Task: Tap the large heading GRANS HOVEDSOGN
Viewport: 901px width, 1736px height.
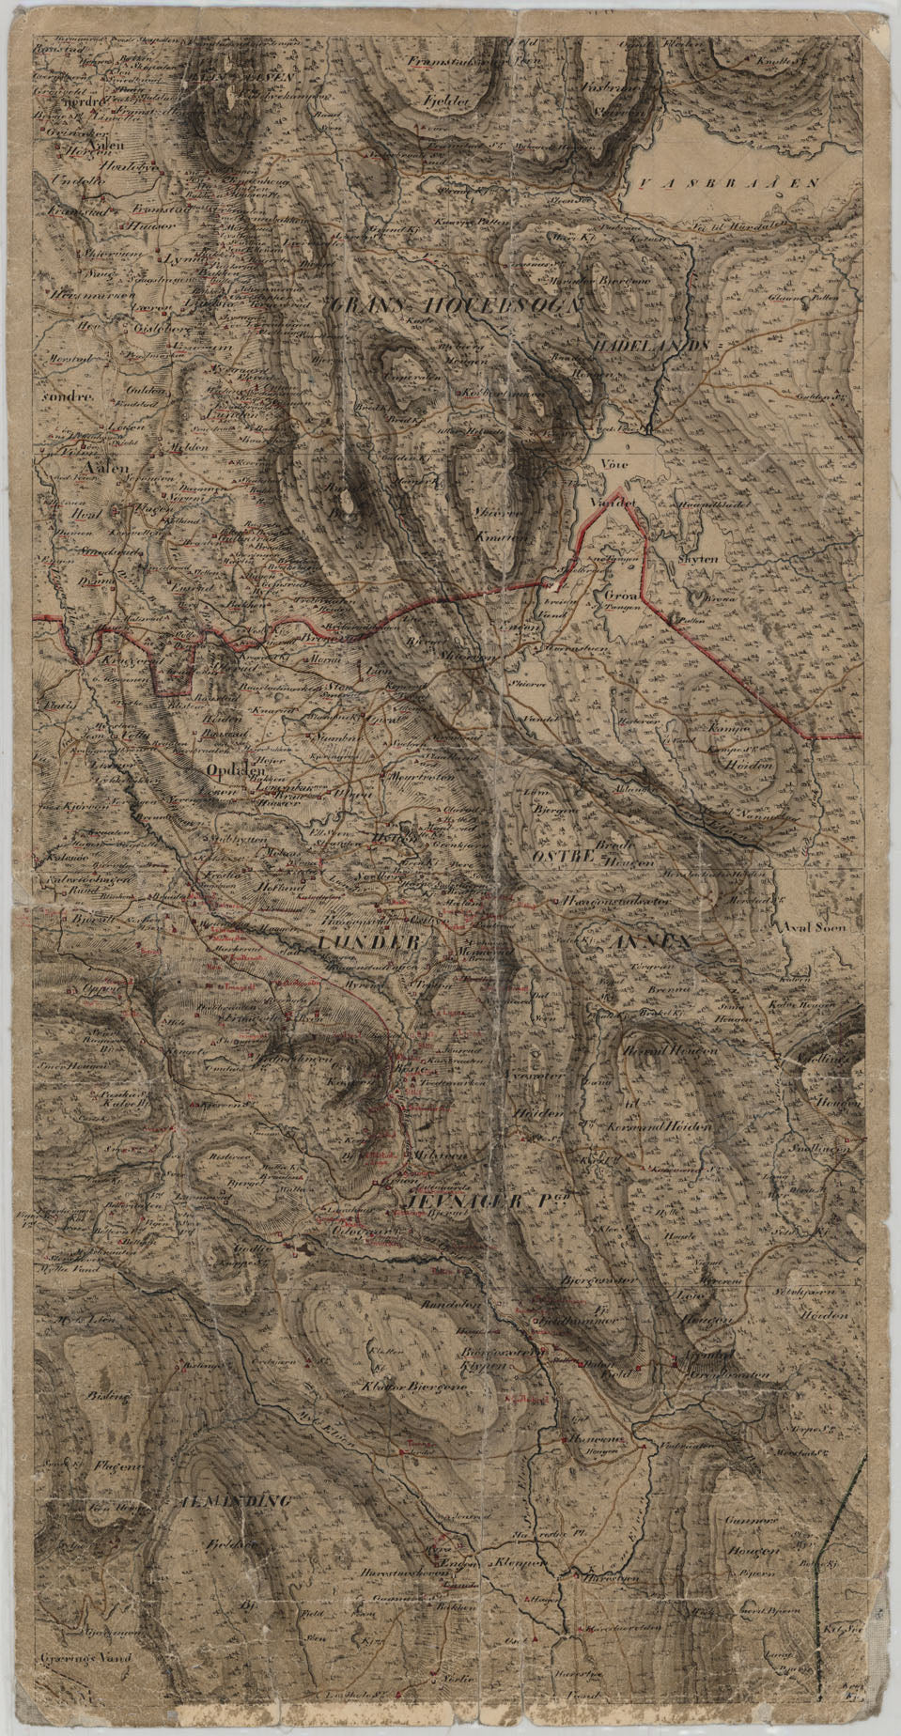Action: [457, 305]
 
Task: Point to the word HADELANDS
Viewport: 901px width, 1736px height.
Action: [650, 346]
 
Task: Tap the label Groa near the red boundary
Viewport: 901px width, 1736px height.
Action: [622, 595]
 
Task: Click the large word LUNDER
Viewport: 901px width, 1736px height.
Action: [366, 940]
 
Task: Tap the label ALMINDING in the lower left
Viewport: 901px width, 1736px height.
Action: [233, 1500]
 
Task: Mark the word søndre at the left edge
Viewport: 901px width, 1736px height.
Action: [67, 395]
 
